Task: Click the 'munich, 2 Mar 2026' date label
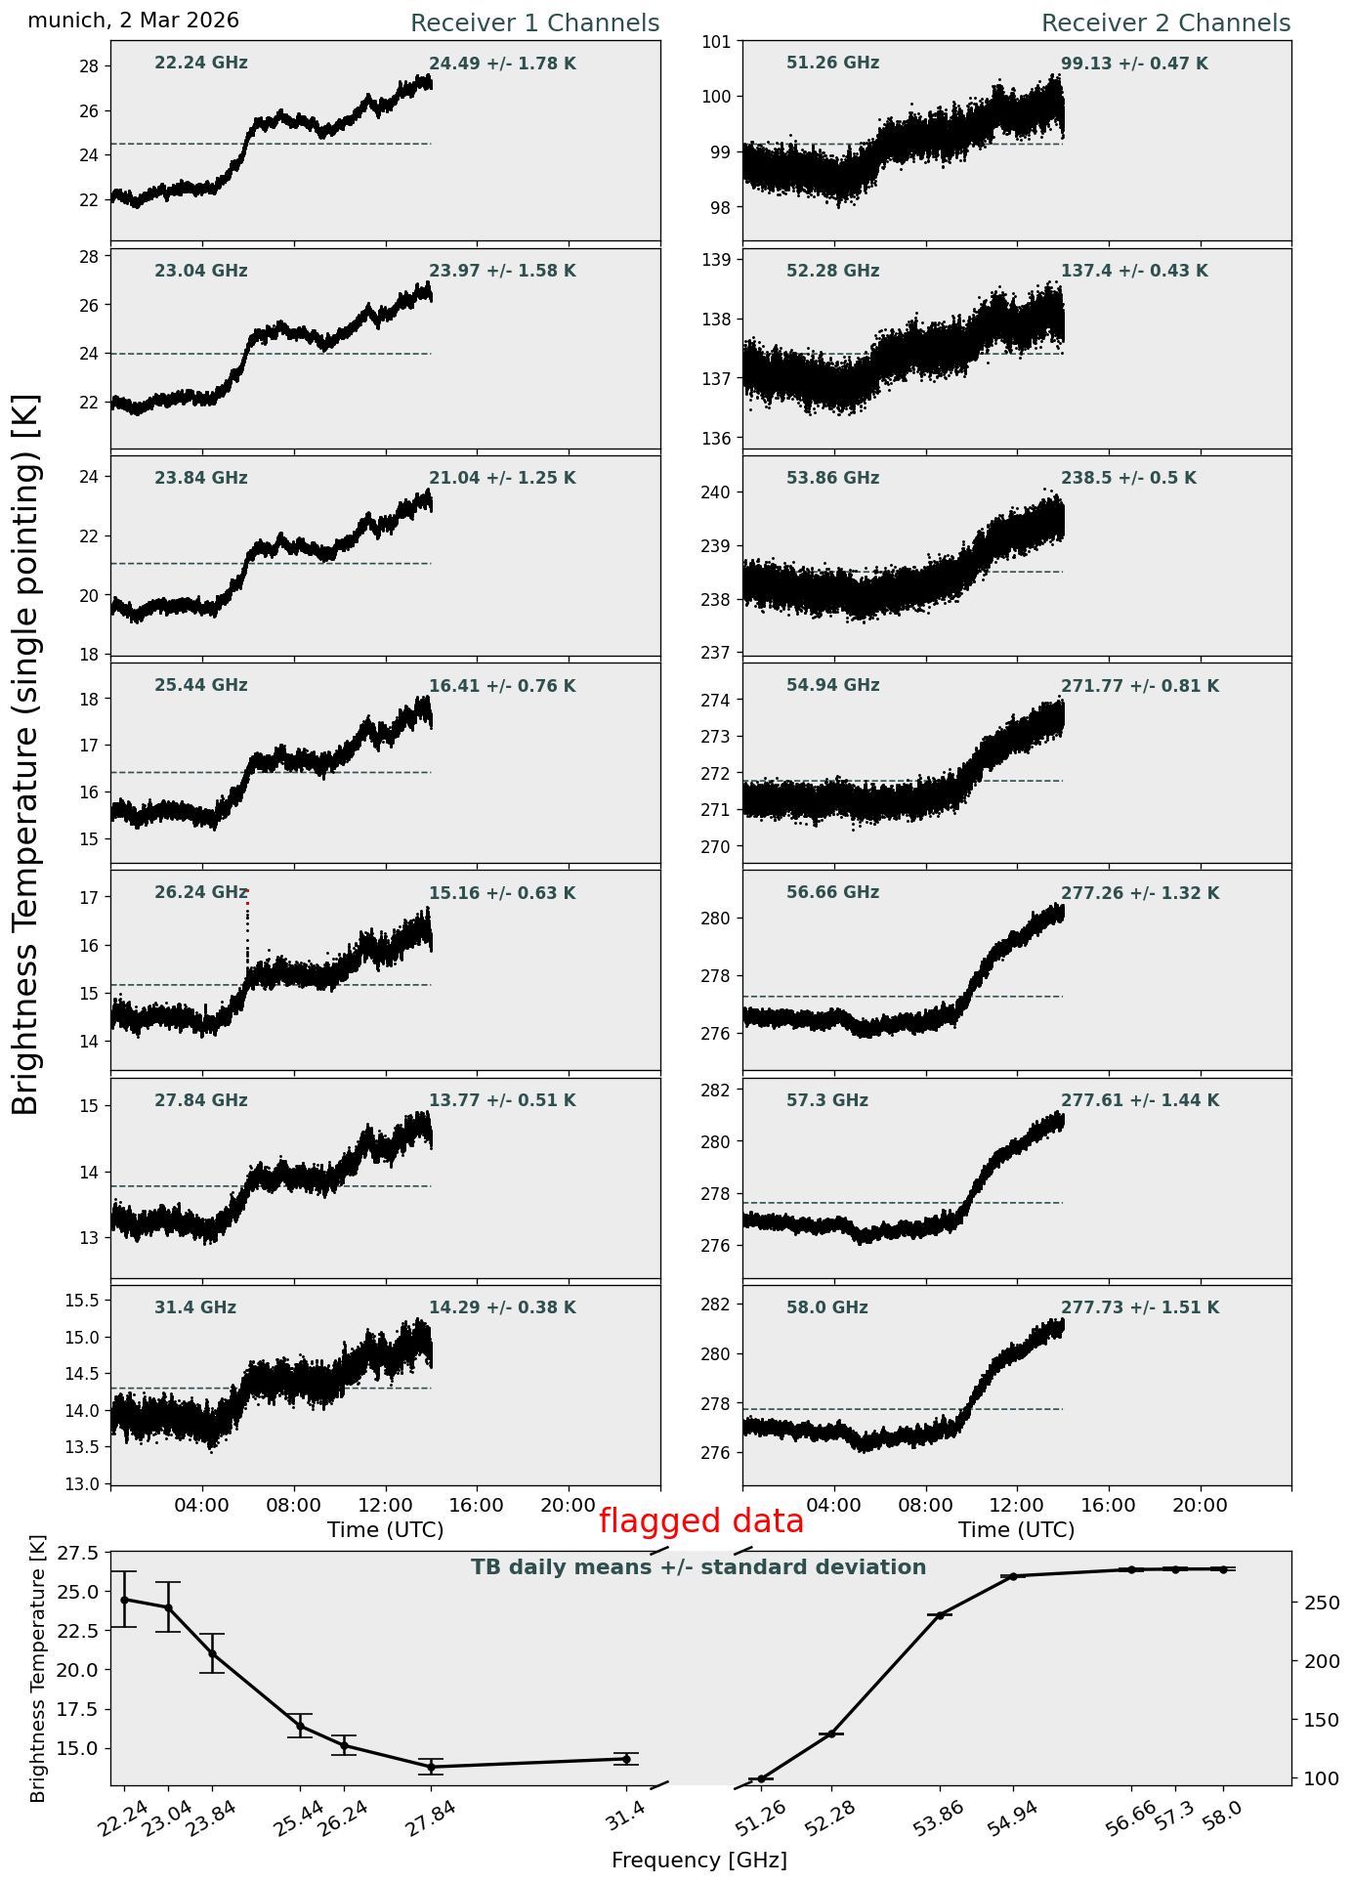tap(133, 21)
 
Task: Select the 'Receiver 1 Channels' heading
tap(534, 23)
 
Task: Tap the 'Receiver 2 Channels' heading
tap(1166, 23)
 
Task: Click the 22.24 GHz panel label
tap(201, 64)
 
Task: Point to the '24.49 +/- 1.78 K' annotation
tap(502, 64)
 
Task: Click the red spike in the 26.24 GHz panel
tap(247, 904)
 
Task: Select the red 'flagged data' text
tap(701, 1521)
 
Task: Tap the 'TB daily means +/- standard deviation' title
tap(698, 1567)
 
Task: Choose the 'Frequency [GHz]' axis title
tap(699, 1860)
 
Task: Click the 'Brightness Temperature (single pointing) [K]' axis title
tap(26, 754)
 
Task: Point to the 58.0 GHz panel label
tap(827, 1307)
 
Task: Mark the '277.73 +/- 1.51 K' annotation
tap(1140, 1307)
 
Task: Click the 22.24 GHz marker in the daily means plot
tap(124, 1600)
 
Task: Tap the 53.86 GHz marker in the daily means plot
tap(941, 1615)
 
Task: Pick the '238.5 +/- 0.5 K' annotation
tap(1128, 478)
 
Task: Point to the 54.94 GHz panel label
tap(832, 685)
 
